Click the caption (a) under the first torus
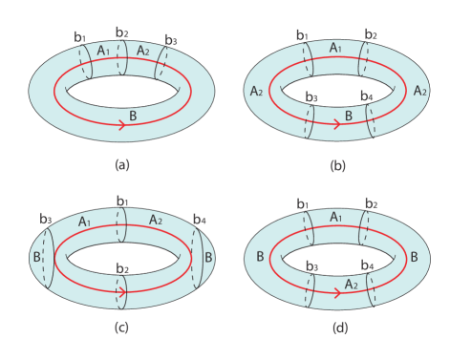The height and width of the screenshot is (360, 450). [121, 164]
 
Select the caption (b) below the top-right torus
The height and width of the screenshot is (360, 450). [337, 164]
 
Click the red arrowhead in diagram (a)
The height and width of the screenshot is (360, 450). [124, 123]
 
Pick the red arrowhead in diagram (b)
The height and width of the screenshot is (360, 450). [340, 123]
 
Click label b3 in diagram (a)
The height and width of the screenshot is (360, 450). [170, 39]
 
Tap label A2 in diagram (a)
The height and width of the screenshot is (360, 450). [142, 50]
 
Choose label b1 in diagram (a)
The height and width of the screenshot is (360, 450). [79, 36]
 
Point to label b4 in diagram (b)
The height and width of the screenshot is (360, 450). [365, 95]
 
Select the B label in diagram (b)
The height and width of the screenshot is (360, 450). [349, 115]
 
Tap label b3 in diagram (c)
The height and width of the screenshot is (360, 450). [46, 219]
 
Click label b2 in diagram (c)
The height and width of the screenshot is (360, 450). [121, 268]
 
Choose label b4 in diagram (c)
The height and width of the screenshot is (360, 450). [199, 220]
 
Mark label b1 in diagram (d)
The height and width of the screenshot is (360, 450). [302, 205]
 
